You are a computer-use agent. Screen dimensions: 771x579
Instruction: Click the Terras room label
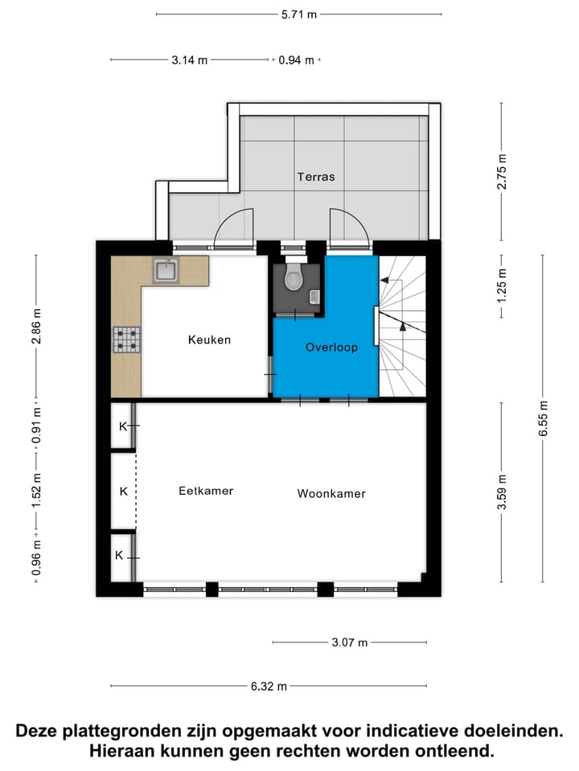point(315,177)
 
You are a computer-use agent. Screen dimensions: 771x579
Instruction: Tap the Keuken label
point(209,340)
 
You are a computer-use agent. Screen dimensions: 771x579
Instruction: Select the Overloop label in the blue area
point(331,348)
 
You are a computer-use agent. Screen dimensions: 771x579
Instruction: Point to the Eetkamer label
point(206,491)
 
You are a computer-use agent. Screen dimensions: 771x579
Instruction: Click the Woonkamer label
point(331,494)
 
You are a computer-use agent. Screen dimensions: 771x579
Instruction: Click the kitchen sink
point(166,271)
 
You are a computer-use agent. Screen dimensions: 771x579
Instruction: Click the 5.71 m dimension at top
point(298,14)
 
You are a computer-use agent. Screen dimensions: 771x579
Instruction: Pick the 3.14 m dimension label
point(190,59)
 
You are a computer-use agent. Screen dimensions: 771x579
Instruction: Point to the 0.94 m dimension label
point(296,59)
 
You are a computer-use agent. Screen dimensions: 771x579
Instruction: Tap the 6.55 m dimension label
point(544,418)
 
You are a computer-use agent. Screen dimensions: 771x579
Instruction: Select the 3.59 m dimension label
point(503,492)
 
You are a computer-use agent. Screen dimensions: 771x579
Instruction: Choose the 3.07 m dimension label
point(349,642)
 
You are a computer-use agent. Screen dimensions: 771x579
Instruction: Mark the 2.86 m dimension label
point(35,325)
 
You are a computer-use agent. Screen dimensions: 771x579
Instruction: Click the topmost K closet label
point(123,426)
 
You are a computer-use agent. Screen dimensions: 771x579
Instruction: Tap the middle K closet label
point(123,491)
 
